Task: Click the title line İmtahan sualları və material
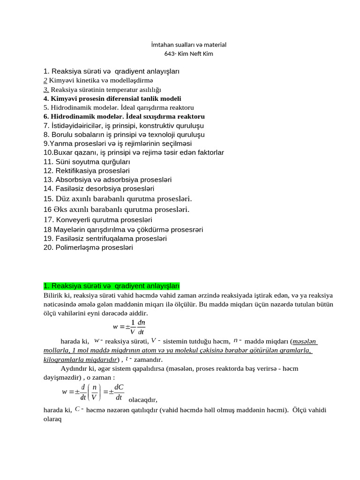(188, 45)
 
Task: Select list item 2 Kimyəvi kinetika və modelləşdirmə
(101, 81)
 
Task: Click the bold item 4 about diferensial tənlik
(112, 98)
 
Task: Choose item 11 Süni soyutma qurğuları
(87, 162)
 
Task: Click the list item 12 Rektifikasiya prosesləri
(86, 171)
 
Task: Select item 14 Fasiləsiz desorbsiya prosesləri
(98, 188)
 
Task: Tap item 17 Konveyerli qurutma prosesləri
(97, 219)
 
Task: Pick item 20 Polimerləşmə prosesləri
(88, 247)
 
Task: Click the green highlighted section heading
(111, 286)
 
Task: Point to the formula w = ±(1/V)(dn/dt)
(129, 327)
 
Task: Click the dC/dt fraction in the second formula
(119, 391)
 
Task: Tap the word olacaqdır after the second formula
(143, 400)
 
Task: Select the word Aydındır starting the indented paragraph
(73, 368)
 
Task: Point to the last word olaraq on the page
(52, 419)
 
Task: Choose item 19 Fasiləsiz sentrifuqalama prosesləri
(105, 238)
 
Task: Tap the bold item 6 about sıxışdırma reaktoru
(124, 116)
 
